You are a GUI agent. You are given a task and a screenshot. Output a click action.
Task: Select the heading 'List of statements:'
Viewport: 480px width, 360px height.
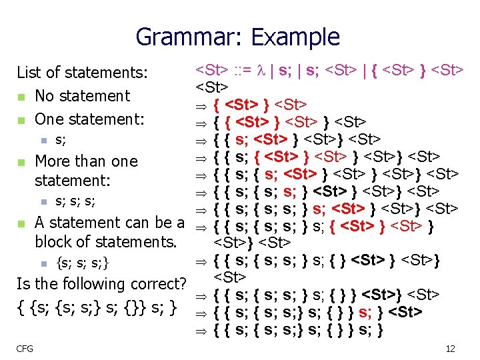[x=82, y=72]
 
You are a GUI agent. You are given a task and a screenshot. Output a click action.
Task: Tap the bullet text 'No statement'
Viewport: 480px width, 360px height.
[x=82, y=96]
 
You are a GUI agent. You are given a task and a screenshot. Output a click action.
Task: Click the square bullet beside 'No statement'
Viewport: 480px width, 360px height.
[x=21, y=97]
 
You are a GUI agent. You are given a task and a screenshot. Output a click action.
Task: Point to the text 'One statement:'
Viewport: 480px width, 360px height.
[x=89, y=119]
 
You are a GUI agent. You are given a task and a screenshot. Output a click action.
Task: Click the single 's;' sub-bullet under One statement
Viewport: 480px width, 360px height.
[x=60, y=141]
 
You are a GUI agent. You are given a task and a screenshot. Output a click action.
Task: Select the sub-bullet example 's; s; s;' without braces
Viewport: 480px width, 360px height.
[x=75, y=201]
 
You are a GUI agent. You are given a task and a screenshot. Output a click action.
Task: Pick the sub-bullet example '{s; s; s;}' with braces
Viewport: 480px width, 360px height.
[x=83, y=262]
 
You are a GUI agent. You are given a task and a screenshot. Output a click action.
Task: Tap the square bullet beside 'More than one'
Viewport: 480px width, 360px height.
[x=21, y=163]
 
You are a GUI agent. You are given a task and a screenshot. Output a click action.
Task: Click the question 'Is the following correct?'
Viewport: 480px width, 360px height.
[x=101, y=284]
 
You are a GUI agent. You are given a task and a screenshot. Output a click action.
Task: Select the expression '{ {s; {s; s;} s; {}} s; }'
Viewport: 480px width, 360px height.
[x=97, y=308]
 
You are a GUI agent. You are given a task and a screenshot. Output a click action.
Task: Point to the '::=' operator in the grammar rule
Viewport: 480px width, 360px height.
[x=244, y=70]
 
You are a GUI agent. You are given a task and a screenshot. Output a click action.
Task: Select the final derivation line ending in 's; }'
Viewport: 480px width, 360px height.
[x=297, y=329]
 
